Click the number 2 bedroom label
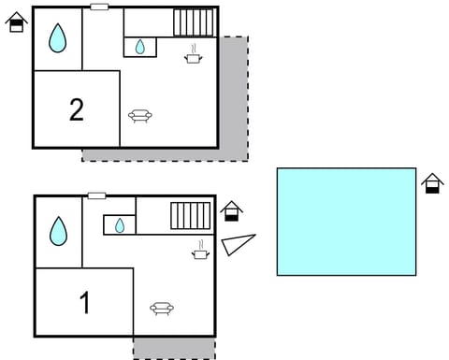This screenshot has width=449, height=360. [77, 109]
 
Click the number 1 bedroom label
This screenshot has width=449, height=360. [85, 303]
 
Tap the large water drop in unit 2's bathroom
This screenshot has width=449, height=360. [58, 38]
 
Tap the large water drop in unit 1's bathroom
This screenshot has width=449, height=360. [59, 230]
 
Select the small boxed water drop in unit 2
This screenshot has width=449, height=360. [140, 46]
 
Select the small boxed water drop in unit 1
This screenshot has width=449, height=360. [120, 224]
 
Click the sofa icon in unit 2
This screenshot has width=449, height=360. [140, 116]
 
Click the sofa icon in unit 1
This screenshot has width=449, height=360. [162, 308]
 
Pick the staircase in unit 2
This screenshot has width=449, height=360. [196, 22]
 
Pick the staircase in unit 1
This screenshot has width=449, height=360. [190, 215]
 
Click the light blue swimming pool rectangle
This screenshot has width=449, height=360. [346, 222]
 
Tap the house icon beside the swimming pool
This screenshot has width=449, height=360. [431, 183]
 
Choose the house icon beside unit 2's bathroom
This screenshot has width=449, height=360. [16, 22]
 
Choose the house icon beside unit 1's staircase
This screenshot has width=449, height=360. [232, 212]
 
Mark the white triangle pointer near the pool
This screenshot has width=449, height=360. [239, 244]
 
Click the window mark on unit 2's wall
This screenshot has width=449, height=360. [99, 7]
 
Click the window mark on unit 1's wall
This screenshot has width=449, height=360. [96, 195]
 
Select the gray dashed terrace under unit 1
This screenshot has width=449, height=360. [174, 347]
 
